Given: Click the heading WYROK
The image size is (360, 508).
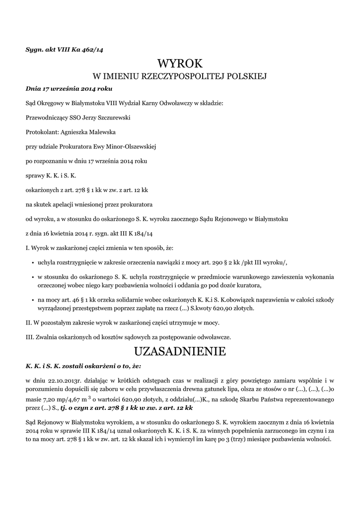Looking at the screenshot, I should (x=180, y=63).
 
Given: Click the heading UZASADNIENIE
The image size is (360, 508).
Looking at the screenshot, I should (x=180, y=352).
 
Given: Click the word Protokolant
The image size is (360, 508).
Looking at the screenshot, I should (x=41, y=132).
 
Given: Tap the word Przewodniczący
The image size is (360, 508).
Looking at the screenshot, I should (x=49, y=118).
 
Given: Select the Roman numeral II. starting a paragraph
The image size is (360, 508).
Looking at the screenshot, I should (x=29, y=322).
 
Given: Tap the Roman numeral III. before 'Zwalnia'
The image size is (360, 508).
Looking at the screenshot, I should (x=30, y=337).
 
